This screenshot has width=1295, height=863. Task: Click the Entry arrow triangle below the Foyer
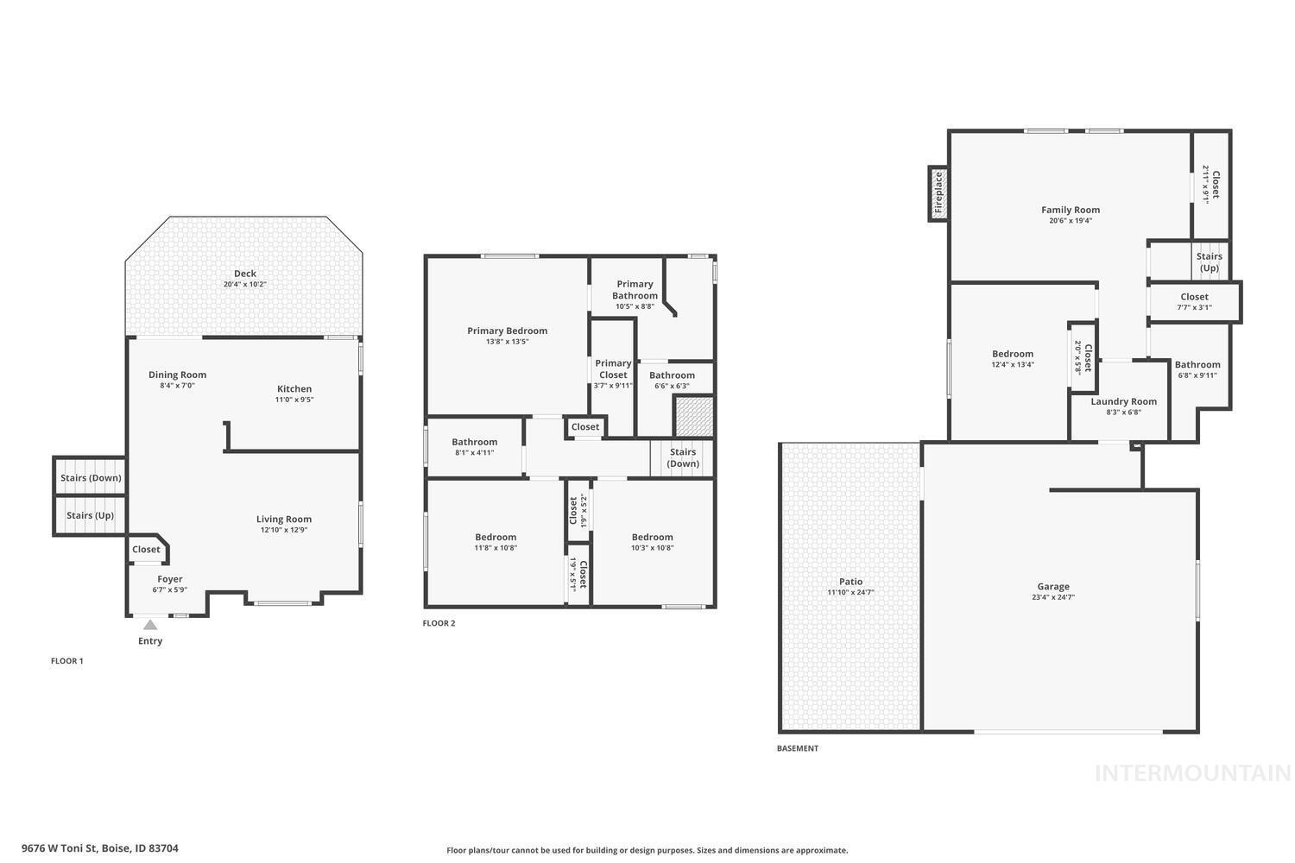coord(150,625)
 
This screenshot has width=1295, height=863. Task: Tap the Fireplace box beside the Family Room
coord(938,193)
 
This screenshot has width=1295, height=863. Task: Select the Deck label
coord(245,274)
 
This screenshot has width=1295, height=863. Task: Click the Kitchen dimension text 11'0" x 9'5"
coord(294,400)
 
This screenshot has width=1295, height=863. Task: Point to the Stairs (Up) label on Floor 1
coord(90,516)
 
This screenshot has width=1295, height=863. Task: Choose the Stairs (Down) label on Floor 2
coord(682,457)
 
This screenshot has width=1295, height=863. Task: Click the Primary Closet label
coord(613,369)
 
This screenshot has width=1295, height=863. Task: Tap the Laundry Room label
coord(1123,401)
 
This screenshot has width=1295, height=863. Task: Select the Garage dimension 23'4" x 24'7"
coord(1052,597)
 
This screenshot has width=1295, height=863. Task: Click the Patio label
coord(850,582)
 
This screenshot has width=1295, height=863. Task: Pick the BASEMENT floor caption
coord(797,748)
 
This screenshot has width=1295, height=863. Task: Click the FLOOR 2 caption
coord(439,623)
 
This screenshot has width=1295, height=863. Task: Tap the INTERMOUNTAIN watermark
coord(1192,773)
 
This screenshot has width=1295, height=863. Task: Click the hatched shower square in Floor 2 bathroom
coord(694,417)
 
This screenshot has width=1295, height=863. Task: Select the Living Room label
coord(283,520)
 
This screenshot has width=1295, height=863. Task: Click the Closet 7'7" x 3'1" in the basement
coord(1194,302)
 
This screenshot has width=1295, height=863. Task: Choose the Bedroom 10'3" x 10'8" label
coord(652,537)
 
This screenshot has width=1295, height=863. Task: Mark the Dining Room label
coord(177,375)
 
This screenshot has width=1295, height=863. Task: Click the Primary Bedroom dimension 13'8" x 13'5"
coord(507,342)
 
